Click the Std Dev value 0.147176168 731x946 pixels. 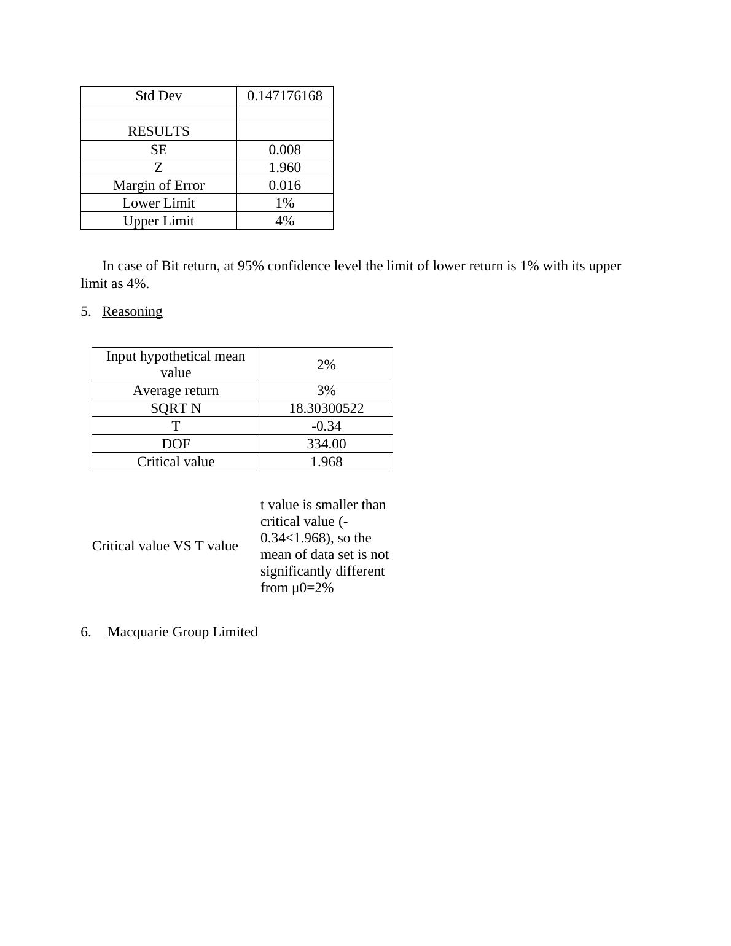[x=284, y=96]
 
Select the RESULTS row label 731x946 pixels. [x=158, y=131]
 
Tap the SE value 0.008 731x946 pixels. [x=284, y=150]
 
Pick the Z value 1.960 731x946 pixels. [x=284, y=168]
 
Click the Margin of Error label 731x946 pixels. [x=158, y=186]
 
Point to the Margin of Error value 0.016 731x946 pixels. [x=284, y=186]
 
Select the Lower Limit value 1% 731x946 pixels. [x=284, y=203]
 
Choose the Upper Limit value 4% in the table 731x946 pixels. [x=284, y=221]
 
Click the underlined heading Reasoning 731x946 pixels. [x=132, y=311]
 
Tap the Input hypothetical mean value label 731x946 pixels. [x=176, y=364]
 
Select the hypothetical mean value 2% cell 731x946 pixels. [x=326, y=365]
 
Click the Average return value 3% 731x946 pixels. [x=326, y=391]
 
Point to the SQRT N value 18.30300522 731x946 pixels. [x=326, y=408]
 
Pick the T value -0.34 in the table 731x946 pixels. [x=326, y=426]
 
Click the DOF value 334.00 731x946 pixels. [x=326, y=444]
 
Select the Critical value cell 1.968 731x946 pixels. [x=326, y=462]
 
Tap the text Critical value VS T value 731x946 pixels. [x=165, y=546]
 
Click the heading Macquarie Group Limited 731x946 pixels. [x=182, y=632]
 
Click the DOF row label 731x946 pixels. [x=176, y=444]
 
